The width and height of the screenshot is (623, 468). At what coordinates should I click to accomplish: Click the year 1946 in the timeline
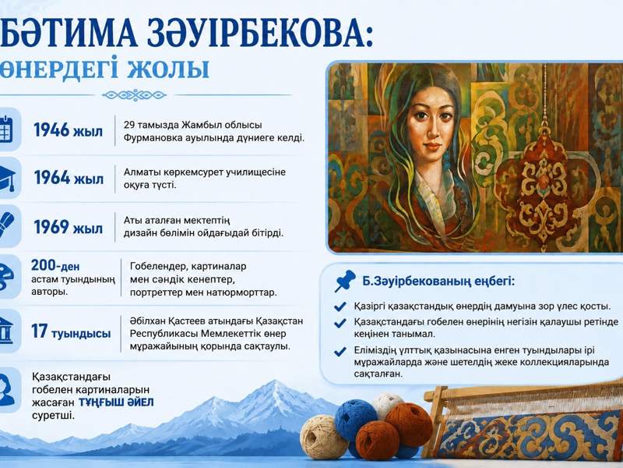point(51,130)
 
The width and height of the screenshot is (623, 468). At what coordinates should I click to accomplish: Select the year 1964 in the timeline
point(52,178)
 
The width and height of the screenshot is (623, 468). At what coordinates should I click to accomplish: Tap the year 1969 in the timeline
point(51,227)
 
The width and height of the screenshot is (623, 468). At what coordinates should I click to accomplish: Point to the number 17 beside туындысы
point(40,331)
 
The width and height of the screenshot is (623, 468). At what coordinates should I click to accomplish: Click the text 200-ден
point(55,265)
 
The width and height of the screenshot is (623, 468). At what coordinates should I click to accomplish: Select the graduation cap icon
point(7,178)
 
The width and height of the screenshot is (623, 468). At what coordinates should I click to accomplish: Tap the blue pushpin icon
point(344,281)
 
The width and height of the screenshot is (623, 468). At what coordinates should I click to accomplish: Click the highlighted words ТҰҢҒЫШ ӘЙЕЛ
point(116,402)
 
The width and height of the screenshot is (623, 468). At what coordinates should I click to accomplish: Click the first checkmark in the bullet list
point(340,307)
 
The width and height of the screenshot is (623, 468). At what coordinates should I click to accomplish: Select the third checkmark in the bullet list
point(340,352)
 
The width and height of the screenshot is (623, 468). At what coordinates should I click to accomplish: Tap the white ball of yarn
point(386,404)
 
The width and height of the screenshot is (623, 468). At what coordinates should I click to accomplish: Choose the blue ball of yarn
point(356,420)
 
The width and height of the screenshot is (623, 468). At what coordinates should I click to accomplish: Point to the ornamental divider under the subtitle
point(134,95)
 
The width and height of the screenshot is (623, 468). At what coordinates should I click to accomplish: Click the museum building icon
point(5,331)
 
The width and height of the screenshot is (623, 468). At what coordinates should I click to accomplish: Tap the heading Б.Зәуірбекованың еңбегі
point(438,282)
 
